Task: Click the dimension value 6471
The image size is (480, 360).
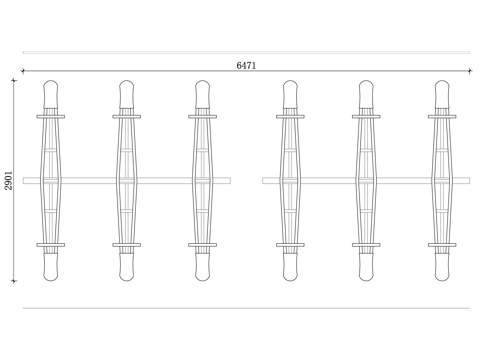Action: (246, 66)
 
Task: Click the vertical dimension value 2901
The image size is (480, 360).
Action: (9, 181)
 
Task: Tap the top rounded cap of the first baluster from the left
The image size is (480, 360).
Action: (51, 94)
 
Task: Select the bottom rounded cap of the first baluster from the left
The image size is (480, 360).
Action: (51, 267)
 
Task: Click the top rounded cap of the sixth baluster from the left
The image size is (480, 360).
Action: (442, 94)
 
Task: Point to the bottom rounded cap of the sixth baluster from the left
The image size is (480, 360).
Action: (442, 267)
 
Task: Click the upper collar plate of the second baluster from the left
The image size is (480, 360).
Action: (127, 117)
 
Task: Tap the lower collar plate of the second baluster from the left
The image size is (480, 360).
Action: (127, 245)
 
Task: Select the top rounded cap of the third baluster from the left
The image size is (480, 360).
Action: (202, 94)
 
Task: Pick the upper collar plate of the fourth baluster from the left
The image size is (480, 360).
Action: (290, 117)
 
